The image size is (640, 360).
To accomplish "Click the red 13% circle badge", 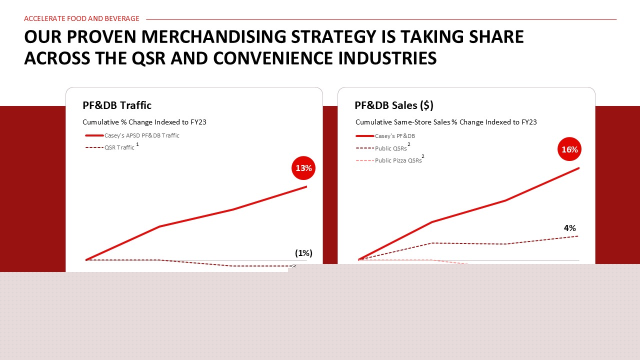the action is [x=303, y=168].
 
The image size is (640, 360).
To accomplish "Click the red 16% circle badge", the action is [x=569, y=149].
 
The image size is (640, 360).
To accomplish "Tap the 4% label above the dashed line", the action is [x=569, y=228].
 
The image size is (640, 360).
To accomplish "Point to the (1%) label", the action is [x=303, y=253].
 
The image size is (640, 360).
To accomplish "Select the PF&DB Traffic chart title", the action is [x=117, y=105].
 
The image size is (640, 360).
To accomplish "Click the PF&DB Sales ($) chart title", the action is [x=394, y=105].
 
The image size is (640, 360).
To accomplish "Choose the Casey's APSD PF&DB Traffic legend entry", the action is [x=132, y=135].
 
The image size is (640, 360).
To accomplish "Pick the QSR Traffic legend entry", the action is [x=112, y=147].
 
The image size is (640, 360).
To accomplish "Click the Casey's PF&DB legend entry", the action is [x=385, y=136].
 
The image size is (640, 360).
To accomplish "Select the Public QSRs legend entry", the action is [x=383, y=148].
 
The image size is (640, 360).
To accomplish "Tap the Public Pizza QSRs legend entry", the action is [x=390, y=160].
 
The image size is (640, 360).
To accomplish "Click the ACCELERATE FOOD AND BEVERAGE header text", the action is [x=81, y=18].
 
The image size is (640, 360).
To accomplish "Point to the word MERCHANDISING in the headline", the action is [x=213, y=36].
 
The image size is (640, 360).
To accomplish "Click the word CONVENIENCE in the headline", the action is [x=273, y=58].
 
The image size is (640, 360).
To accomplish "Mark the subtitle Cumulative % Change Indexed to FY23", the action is [x=144, y=122].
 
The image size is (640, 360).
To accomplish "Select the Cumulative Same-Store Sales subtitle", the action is [x=446, y=122].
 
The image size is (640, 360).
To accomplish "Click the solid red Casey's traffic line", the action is [x=196, y=218].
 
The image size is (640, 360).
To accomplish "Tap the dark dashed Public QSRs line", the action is [x=468, y=243].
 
